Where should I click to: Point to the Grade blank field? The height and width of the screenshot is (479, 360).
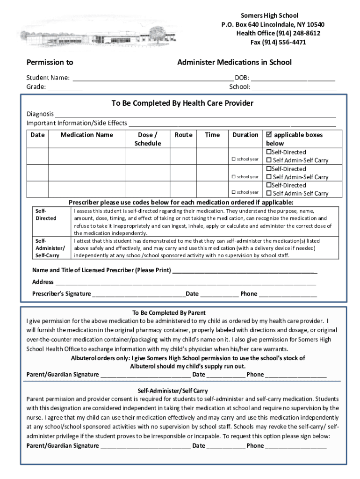pyautogui.click(x=65, y=87)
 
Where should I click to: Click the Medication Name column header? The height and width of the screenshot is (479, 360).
pyautogui.click(x=86, y=135)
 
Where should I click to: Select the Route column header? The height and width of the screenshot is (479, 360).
pyautogui.click(x=183, y=135)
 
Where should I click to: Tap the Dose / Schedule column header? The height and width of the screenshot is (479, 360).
pyautogui.click(x=147, y=139)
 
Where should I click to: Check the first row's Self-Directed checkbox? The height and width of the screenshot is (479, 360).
pyautogui.click(x=269, y=152)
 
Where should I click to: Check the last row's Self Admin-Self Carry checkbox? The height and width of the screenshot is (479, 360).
pyautogui.click(x=269, y=194)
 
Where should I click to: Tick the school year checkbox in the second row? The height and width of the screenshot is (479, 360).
pyautogui.click(x=233, y=177)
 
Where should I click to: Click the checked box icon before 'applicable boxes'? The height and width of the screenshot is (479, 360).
pyautogui.click(x=269, y=135)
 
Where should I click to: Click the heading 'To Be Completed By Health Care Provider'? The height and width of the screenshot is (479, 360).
pyautogui.click(x=182, y=103)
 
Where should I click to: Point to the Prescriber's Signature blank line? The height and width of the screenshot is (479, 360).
pyautogui.click(x=138, y=294)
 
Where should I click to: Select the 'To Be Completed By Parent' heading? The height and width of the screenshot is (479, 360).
pyautogui.click(x=169, y=312)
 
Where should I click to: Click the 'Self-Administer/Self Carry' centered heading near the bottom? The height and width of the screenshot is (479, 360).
pyautogui.click(x=173, y=391)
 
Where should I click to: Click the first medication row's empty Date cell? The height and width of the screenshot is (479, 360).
pyautogui.click(x=37, y=156)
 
